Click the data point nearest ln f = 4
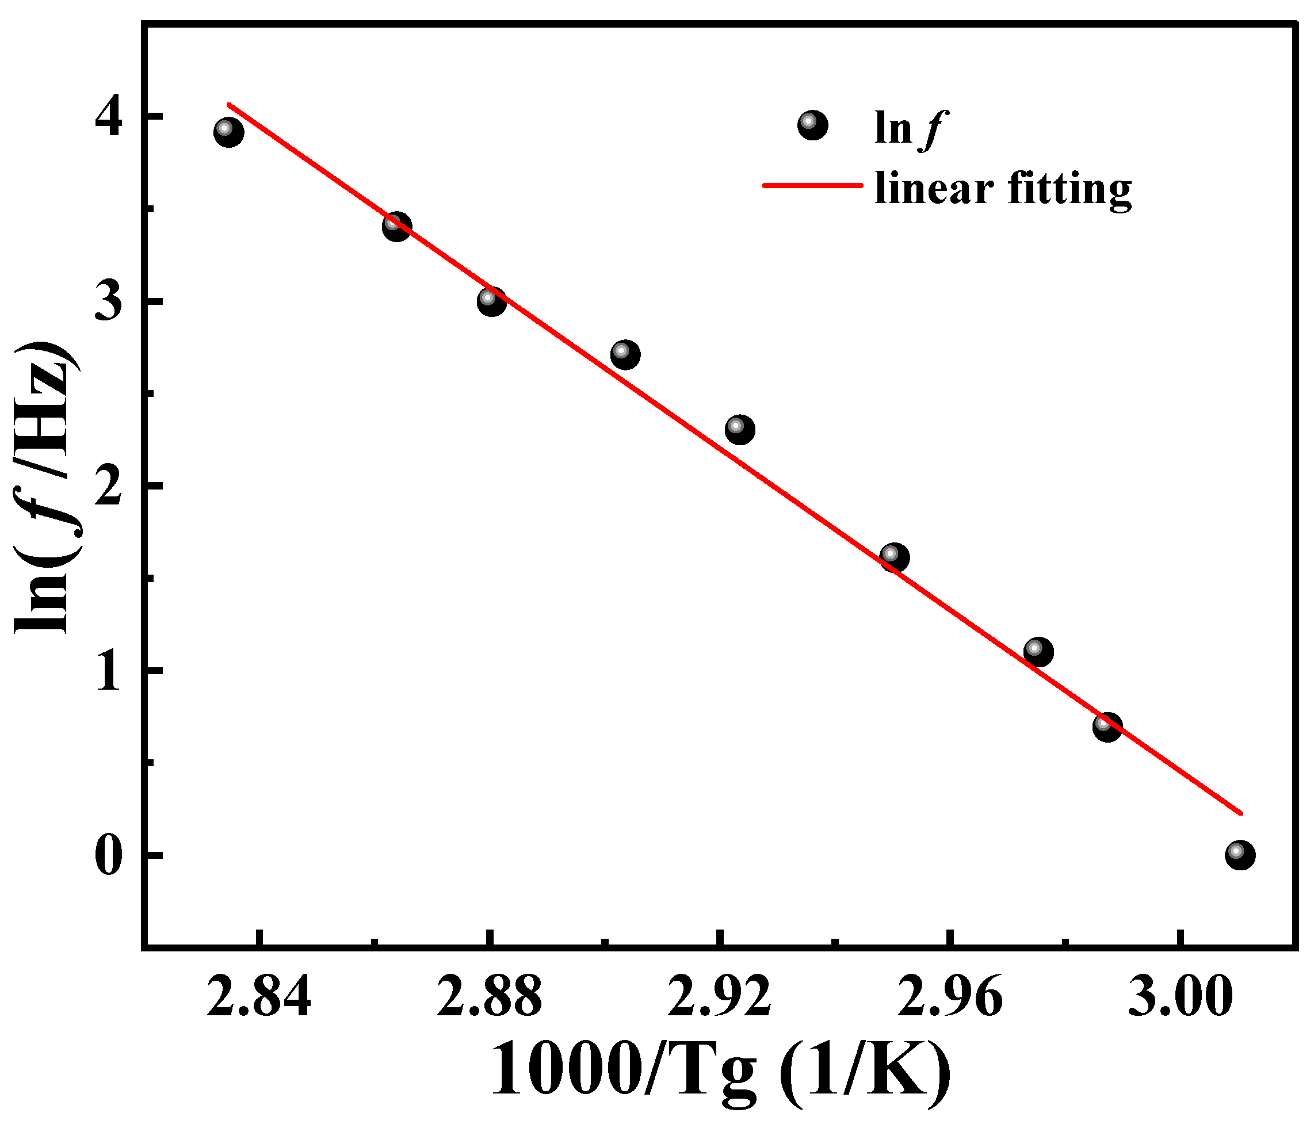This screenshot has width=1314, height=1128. (x=229, y=132)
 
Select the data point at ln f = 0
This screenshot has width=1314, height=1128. (x=1240, y=855)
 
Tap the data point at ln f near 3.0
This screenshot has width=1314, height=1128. (x=491, y=301)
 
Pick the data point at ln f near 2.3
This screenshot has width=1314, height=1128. (x=739, y=430)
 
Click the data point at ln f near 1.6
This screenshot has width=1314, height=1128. (x=895, y=558)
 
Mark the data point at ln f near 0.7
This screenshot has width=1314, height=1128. (x=1107, y=726)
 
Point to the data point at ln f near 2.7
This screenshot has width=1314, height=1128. (x=625, y=354)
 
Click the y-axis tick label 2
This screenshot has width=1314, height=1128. (x=108, y=485)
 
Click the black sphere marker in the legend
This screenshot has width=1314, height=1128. (x=812, y=125)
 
